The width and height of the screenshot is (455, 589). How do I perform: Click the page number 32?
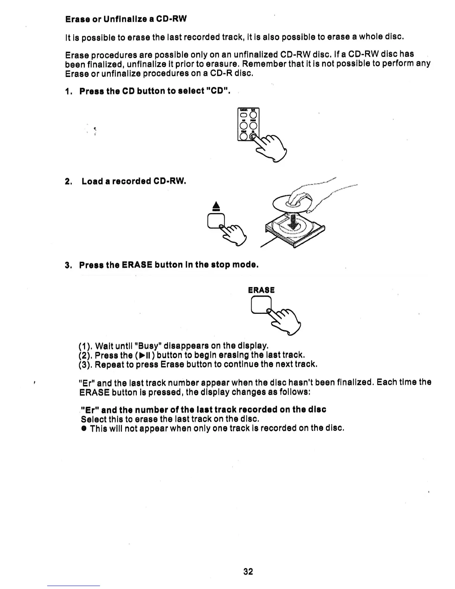point(248,572)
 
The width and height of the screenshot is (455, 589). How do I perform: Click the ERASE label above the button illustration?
point(261,290)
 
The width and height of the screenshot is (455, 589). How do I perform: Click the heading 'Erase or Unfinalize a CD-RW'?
point(126,19)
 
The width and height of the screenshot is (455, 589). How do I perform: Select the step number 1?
point(68,91)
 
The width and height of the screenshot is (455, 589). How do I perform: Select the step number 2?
point(68,182)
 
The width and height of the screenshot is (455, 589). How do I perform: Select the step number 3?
point(68,265)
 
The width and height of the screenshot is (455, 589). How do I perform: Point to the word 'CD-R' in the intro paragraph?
point(222,73)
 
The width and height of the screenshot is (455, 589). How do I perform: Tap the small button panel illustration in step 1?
point(248,125)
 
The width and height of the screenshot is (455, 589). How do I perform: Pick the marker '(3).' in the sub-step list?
point(85,364)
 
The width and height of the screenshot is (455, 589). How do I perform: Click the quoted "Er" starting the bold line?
point(89,410)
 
